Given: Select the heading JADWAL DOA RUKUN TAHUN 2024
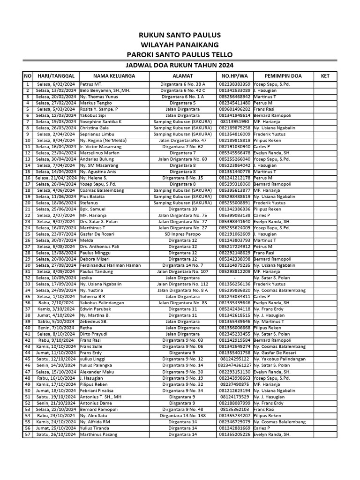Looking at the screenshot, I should (x=180, y=65).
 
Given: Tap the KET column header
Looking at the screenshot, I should (x=325, y=75).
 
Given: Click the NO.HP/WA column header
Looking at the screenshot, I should (x=234, y=75).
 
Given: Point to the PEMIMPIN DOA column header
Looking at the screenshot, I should (x=283, y=75).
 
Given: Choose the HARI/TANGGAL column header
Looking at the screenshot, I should (x=56, y=75).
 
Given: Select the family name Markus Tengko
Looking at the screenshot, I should (x=96, y=103).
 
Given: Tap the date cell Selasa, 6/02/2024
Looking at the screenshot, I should (x=56, y=84).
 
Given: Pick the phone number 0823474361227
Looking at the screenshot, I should (x=235, y=365).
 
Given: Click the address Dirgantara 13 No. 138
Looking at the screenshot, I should (x=182, y=415).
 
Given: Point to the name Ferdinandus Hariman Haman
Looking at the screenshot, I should (x=110, y=265).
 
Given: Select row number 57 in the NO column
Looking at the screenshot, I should (x=28, y=434).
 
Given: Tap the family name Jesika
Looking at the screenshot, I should (x=85, y=277).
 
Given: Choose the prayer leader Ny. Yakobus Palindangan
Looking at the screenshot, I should (x=279, y=359).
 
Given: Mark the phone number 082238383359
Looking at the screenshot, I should (x=234, y=84).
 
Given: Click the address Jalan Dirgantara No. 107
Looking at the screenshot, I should (x=182, y=271).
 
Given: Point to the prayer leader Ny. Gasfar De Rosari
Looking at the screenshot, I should (x=277, y=352).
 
